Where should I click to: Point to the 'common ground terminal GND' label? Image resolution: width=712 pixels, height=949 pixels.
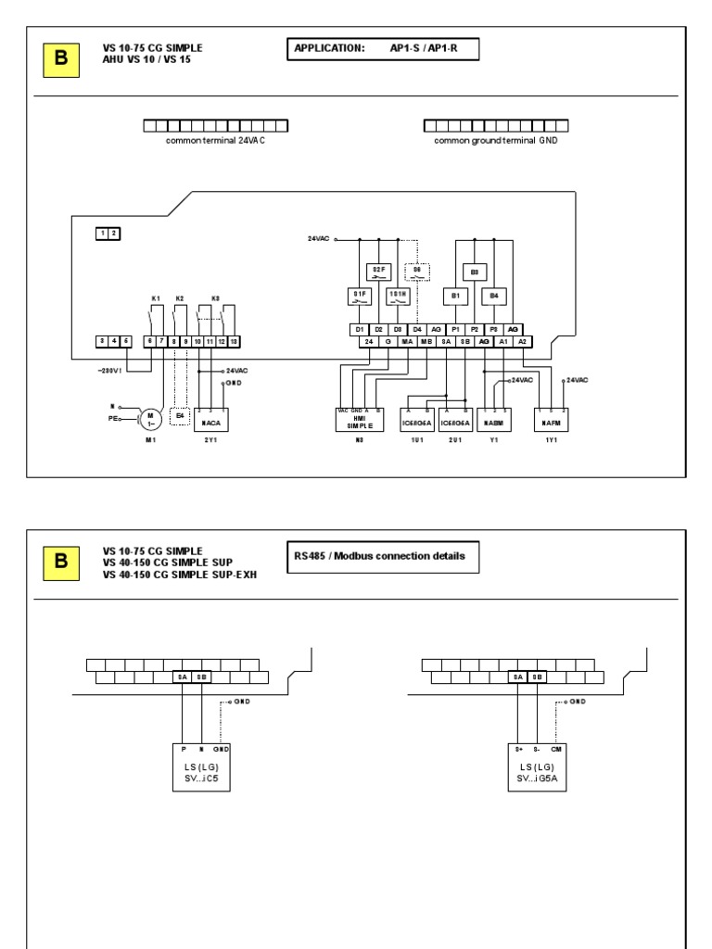[x=496, y=141]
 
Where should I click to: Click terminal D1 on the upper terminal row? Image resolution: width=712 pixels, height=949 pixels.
[x=359, y=329]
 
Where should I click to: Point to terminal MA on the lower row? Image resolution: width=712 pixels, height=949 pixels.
[x=407, y=341]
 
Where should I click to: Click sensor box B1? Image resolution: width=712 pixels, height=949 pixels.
[x=455, y=297]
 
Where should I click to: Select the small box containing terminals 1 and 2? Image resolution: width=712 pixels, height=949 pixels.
[x=108, y=234]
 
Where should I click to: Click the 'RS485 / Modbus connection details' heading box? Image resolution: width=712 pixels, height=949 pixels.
[x=377, y=558]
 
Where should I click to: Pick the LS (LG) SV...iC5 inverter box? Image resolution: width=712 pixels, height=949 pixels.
[x=200, y=765]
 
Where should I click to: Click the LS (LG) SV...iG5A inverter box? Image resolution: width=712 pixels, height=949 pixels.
[x=535, y=765]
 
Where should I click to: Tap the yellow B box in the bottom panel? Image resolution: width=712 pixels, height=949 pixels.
[x=62, y=561]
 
